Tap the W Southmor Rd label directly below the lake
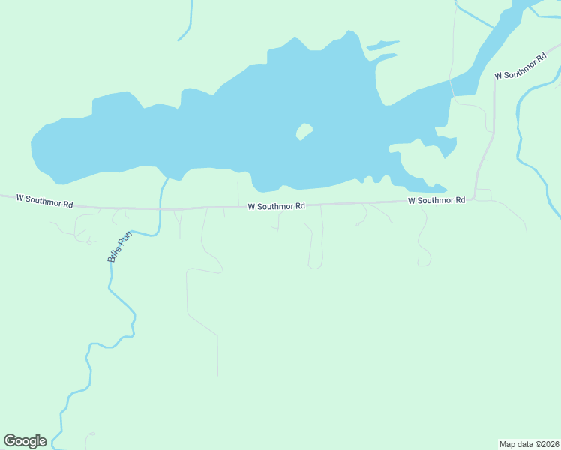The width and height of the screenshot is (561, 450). tap(277, 206)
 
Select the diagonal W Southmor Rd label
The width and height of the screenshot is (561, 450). tap(520, 67)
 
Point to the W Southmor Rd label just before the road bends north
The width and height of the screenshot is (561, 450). tap(436, 200)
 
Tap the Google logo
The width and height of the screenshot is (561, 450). tap(25, 441)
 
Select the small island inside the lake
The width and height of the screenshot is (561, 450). tap(304, 132)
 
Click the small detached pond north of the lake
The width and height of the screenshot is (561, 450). tap(382, 46)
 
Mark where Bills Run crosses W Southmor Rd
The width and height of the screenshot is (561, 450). tap(160, 208)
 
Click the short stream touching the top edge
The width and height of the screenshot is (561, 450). tap(187, 22)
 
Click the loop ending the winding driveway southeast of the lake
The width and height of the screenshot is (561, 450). tap(424, 261)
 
